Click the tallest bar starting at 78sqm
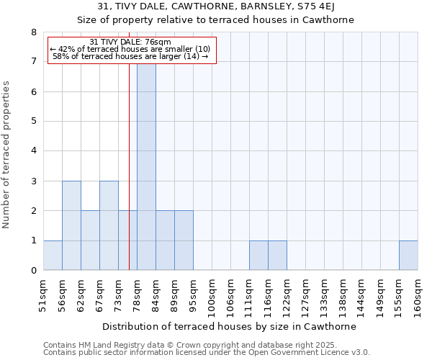coord(146,166)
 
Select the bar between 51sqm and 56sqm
coord(53,256)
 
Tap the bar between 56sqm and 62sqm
coord(71,225)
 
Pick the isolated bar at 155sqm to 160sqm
coord(408,256)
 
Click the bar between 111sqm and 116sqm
coord(258,256)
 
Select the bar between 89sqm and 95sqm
coord(184,240)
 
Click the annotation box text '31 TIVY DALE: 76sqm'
coord(131,42)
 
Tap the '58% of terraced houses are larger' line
coord(131,56)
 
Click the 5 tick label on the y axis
coord(33,122)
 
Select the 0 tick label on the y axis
coord(33,271)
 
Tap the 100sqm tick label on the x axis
coord(212,292)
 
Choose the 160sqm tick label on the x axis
coord(418,292)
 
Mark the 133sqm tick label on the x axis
coord(324,292)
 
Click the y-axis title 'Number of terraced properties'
coord(7,154)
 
